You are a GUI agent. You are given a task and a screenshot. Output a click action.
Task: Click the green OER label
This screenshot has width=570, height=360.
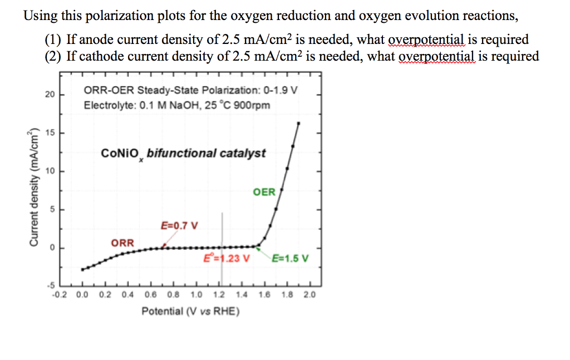pyautogui.click(x=264, y=192)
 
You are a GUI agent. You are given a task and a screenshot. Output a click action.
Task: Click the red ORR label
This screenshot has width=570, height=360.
pyautogui.click(x=122, y=243)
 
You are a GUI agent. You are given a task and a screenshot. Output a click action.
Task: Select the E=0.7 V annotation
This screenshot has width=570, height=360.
pyautogui.click(x=179, y=225)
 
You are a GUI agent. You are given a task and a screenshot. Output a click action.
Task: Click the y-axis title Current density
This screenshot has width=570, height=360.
pyautogui.click(x=35, y=187)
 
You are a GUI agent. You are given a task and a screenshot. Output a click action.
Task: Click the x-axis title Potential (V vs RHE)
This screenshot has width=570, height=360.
pyautogui.click(x=190, y=310)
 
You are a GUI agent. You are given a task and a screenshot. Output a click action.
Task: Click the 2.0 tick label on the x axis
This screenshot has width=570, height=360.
pyautogui.click(x=309, y=295)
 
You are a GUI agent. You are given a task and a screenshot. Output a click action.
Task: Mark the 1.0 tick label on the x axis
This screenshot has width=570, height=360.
pyautogui.click(x=196, y=295)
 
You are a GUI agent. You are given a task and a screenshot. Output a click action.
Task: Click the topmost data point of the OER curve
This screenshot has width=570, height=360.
pyautogui.click(x=298, y=124)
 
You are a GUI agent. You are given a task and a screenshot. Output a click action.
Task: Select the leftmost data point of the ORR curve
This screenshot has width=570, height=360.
pyautogui.click(x=83, y=269)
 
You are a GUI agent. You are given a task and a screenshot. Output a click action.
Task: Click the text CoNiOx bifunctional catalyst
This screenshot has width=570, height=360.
pyautogui.click(x=183, y=153)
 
